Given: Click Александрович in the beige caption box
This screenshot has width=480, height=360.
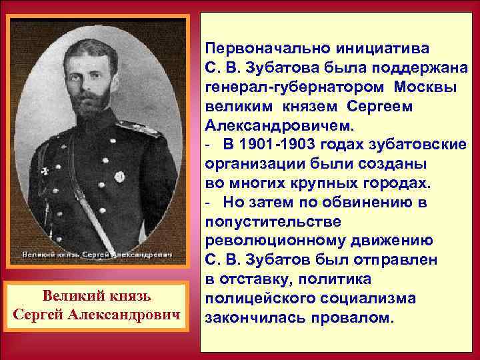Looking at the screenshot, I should pos(136,313).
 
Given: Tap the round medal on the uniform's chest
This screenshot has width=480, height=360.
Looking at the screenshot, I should pos(120,177).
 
